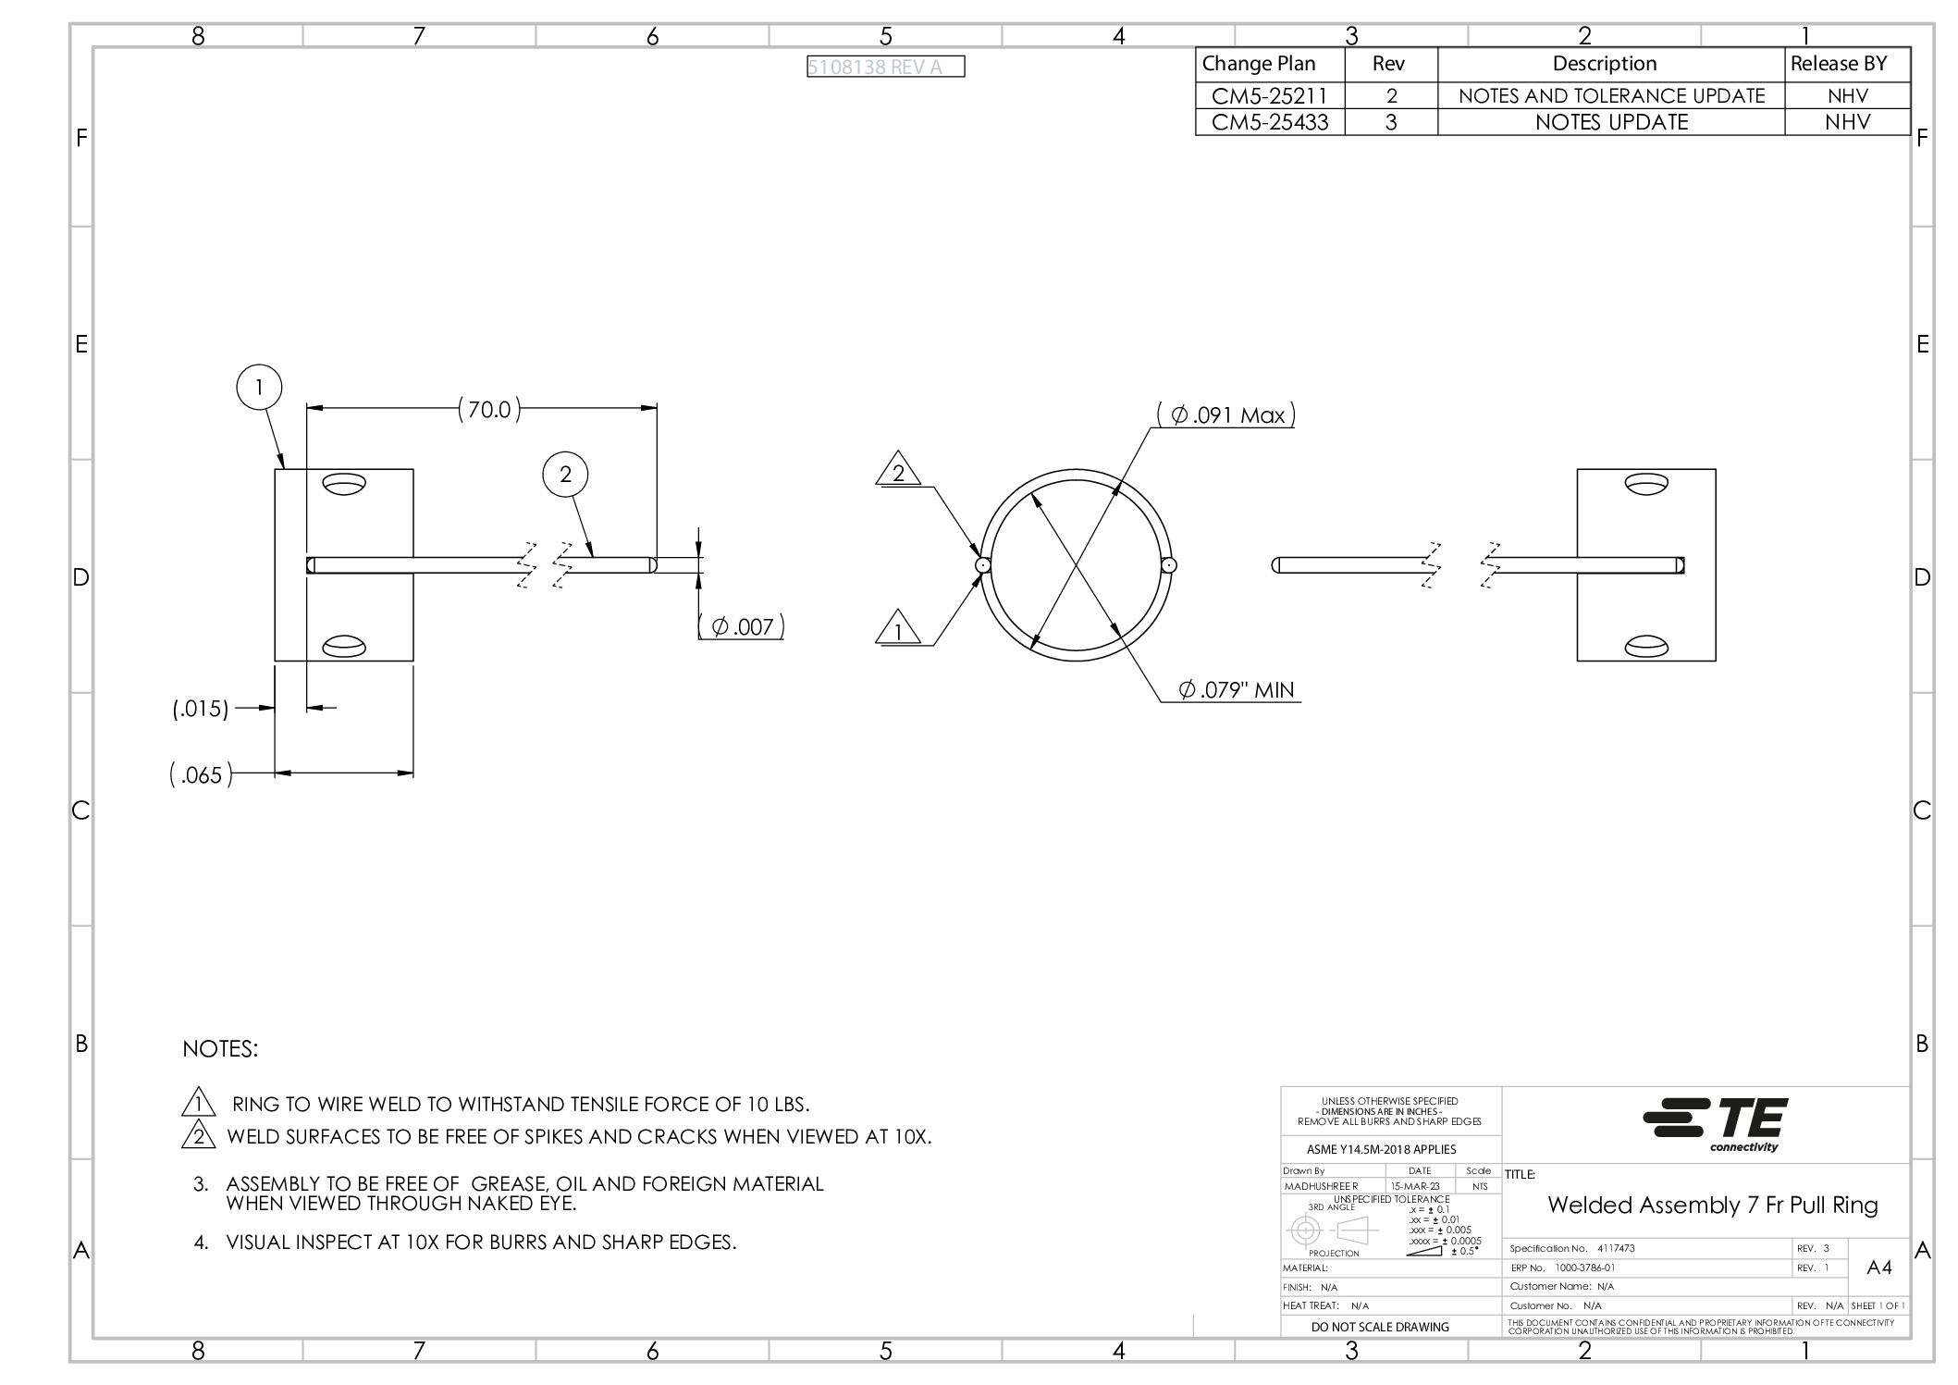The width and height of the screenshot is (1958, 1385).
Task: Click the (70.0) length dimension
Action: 489,410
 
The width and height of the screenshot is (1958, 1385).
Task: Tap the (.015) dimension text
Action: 201,710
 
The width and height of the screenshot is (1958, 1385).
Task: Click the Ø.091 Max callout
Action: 1227,415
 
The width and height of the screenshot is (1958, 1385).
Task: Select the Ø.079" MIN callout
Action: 1237,690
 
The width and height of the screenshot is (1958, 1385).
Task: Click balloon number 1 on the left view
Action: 259,387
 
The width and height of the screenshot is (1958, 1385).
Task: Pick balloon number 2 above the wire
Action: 565,475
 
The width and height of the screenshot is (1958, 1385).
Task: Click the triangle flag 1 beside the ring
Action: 897,630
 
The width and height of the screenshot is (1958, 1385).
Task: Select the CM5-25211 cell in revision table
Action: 1269,95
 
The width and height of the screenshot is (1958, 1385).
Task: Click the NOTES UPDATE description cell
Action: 1611,122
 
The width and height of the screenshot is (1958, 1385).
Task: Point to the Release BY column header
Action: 1838,64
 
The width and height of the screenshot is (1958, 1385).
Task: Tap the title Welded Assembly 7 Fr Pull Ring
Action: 1712,1206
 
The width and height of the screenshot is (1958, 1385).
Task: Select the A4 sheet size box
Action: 1878,1268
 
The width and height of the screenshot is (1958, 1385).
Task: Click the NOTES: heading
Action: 220,1049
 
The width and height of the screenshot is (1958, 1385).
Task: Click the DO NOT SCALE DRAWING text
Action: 1380,1327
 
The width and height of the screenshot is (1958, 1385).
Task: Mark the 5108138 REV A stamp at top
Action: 885,67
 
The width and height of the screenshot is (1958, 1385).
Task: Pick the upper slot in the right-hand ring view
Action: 1645,484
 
